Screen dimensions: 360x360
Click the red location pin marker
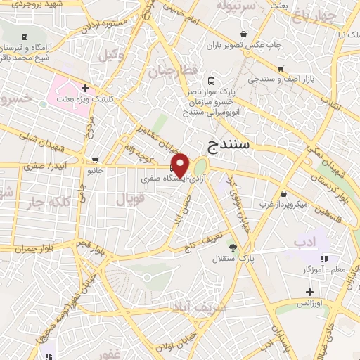(x=181, y=165)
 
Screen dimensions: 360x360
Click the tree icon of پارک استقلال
(x=233, y=247)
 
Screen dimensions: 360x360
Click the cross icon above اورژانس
(x=309, y=292)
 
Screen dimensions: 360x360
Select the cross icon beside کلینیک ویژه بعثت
(x=85, y=89)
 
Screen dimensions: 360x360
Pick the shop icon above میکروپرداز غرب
(x=283, y=194)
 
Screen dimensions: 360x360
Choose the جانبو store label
(x=94, y=170)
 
